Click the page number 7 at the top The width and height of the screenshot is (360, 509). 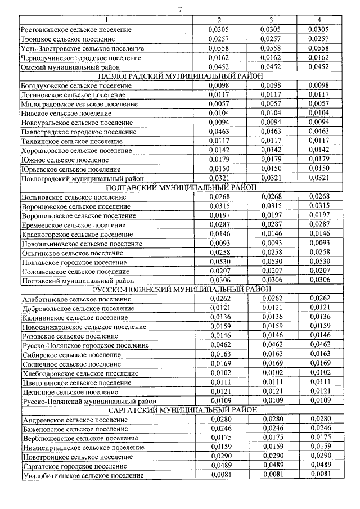(x=179, y=9)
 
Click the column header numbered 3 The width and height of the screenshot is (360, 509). (x=271, y=20)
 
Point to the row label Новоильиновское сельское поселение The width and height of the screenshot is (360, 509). (x=81, y=244)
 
